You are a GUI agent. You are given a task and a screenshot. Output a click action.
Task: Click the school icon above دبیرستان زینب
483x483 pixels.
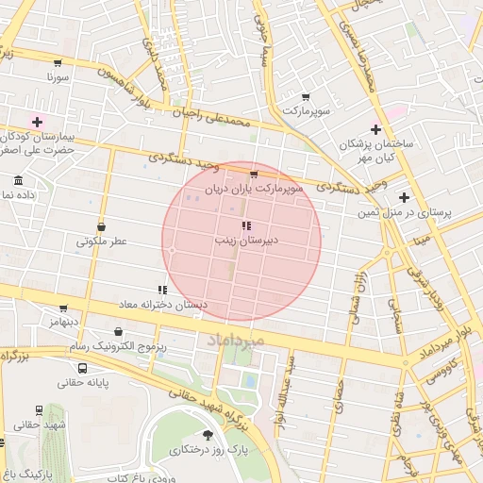(x=245, y=225)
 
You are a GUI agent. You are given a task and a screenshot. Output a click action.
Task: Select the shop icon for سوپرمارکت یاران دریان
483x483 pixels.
(x=253, y=175)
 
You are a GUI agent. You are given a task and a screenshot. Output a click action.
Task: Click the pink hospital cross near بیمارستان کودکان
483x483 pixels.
(x=38, y=122)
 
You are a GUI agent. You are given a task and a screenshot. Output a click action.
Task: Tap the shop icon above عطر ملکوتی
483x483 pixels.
(x=101, y=226)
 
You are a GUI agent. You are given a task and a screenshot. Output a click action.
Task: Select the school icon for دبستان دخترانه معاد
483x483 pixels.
(x=162, y=291)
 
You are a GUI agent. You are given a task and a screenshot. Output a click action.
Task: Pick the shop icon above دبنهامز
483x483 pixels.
(x=63, y=308)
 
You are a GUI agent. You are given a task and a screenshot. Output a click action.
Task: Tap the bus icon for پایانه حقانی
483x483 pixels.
(x=83, y=368)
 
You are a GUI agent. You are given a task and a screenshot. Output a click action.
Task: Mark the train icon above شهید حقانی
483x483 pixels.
(x=39, y=410)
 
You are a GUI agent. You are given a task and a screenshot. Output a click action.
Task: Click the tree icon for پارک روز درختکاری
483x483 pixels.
(x=208, y=435)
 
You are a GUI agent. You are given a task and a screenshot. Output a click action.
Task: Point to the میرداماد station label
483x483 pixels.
(x=225, y=337)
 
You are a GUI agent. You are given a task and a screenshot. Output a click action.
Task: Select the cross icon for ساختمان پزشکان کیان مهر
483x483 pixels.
(x=375, y=129)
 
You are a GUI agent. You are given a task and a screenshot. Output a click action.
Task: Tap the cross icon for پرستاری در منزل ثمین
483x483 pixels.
(x=404, y=197)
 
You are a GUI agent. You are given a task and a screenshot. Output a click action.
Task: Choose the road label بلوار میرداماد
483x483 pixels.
(x=447, y=338)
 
